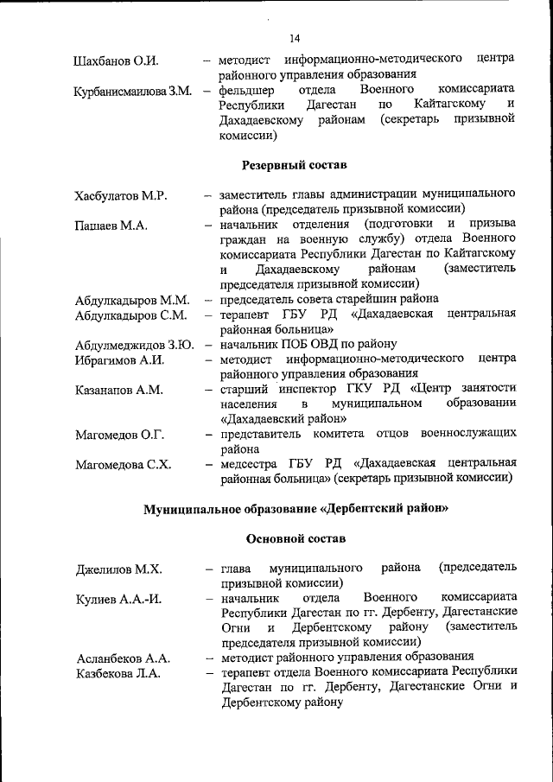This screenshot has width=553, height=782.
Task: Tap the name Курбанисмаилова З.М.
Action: pyautogui.click(x=132, y=92)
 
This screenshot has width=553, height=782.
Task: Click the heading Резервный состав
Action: pyautogui.click(x=294, y=164)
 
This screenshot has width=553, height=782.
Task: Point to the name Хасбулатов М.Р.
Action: pyautogui.click(x=121, y=196)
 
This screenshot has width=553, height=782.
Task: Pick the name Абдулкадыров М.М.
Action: pyautogui.click(x=131, y=301)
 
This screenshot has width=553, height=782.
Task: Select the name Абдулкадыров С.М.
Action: pyautogui.click(x=130, y=315)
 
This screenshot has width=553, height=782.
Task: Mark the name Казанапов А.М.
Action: pyautogui.click(x=118, y=391)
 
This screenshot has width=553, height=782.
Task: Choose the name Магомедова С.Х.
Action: pyautogui.click(x=122, y=465)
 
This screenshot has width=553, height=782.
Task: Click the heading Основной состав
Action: pyautogui.click(x=296, y=538)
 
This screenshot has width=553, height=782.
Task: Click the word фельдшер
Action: pyautogui.click(x=247, y=90)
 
